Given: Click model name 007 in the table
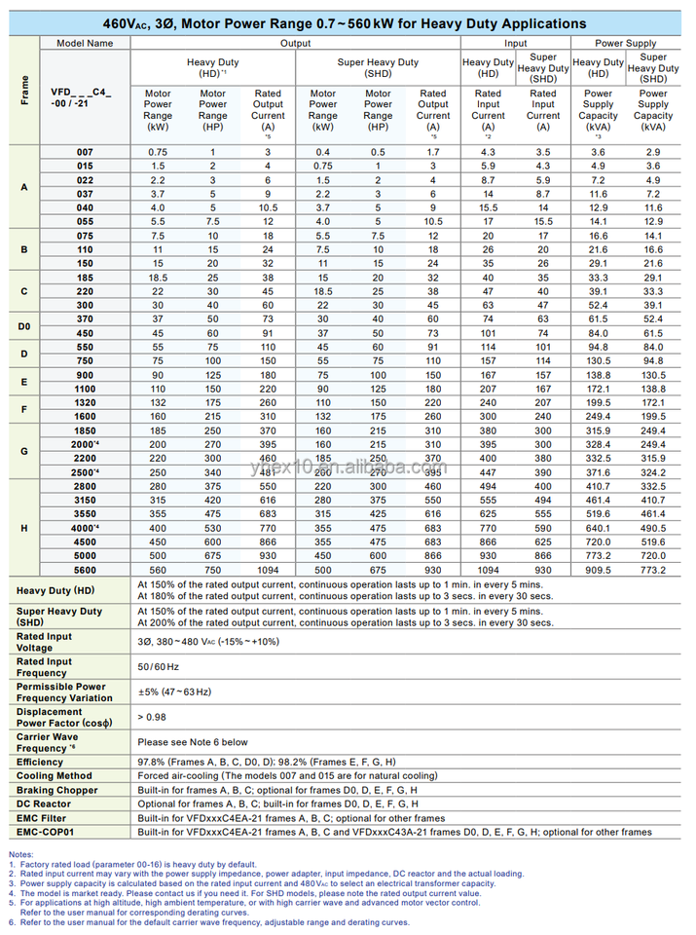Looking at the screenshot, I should pyautogui.click(x=86, y=152).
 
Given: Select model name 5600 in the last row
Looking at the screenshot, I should pyautogui.click(x=86, y=569).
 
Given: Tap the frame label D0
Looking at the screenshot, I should pyautogui.click(x=24, y=325).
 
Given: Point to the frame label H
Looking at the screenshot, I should pyautogui.click(x=24, y=527).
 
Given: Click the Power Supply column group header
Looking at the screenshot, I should pyautogui.click(x=626, y=43).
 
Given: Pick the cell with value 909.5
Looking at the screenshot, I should pyautogui.click(x=598, y=569).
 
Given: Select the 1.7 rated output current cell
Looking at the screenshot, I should pyautogui.click(x=433, y=152).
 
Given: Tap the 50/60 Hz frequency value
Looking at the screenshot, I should pyautogui.click(x=160, y=666).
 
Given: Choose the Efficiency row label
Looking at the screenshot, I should pyautogui.click(x=40, y=762).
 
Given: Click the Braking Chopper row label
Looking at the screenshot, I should pyautogui.click(x=56, y=790).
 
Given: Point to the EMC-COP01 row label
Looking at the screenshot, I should pyautogui.click(x=46, y=833).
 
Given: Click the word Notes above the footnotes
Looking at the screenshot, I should pyautogui.click(x=21, y=853).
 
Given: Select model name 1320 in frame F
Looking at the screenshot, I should pyautogui.click(x=86, y=401).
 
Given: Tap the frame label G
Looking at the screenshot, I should pyautogui.click(x=24, y=450).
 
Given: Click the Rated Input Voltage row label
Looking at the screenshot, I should pyautogui.click(x=45, y=642).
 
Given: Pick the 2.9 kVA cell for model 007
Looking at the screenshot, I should pyautogui.click(x=653, y=152).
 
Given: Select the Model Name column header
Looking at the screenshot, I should pyautogui.click(x=86, y=43).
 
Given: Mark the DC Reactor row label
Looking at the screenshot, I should pyautogui.click(x=44, y=804).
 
